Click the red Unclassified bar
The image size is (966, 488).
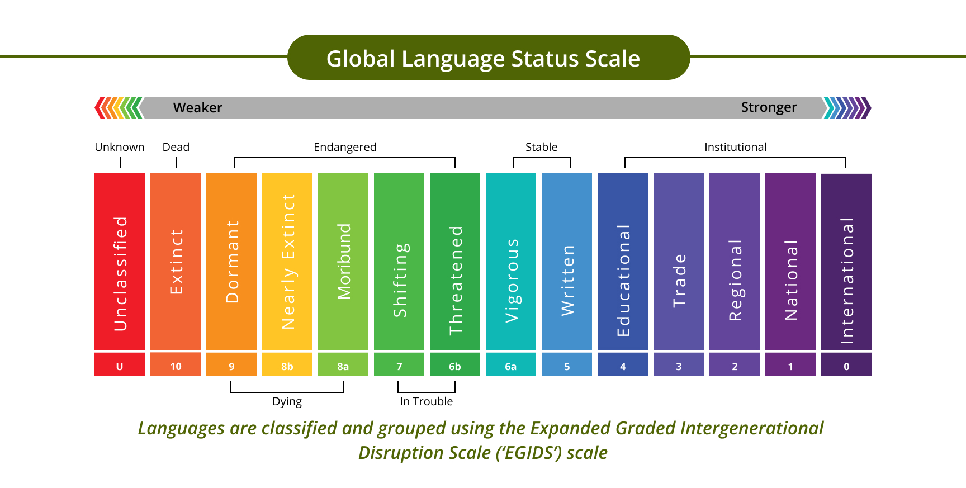point(120,262)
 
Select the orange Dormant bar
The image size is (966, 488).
point(231,262)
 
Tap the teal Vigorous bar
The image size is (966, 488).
point(511,262)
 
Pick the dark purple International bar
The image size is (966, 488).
point(846,262)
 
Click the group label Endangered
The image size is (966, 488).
point(345,147)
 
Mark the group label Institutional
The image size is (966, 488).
point(735,147)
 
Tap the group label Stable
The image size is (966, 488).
point(541,147)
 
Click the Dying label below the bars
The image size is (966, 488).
point(287,402)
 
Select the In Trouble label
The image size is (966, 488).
point(426,401)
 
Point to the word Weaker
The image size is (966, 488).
point(198,107)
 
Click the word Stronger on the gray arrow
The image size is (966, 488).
point(769,107)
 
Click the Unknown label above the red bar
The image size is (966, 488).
point(120,147)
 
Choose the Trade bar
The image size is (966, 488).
point(679,262)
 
